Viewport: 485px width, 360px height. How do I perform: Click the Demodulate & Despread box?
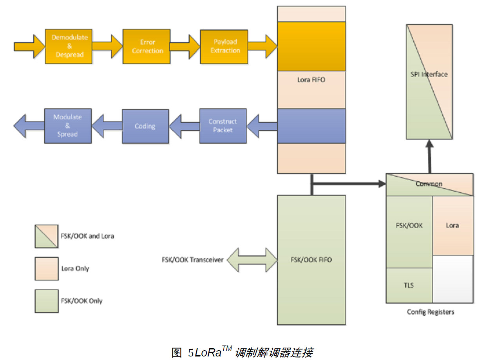pyautogui.click(x=69, y=46)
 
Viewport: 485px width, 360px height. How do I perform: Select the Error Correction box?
pyautogui.click(x=147, y=46)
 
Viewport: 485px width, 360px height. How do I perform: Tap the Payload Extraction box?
pyautogui.click(x=224, y=46)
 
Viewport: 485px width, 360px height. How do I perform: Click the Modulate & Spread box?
pyautogui.click(x=68, y=126)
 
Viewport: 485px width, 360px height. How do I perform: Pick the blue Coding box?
pyautogui.click(x=145, y=126)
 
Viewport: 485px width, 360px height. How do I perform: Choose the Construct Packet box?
pyautogui.click(x=223, y=126)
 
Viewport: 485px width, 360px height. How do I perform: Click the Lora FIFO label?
pyautogui.click(x=311, y=80)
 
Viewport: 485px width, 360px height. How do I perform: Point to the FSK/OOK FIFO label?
pyautogui.click(x=311, y=260)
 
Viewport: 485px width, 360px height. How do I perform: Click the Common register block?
pyautogui.click(x=429, y=184)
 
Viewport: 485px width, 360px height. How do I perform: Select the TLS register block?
pyautogui.click(x=409, y=285)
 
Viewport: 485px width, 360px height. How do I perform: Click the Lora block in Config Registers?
pyautogui.click(x=452, y=226)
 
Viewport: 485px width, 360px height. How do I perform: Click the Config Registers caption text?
pyautogui.click(x=431, y=312)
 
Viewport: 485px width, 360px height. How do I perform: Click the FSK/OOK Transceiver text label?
pyautogui.click(x=192, y=260)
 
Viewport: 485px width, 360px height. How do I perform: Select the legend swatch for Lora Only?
pyautogui.click(x=47, y=269)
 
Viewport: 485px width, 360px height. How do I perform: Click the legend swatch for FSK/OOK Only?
pyautogui.click(x=47, y=301)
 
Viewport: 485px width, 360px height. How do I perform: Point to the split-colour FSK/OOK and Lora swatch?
pyautogui.click(x=47, y=236)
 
